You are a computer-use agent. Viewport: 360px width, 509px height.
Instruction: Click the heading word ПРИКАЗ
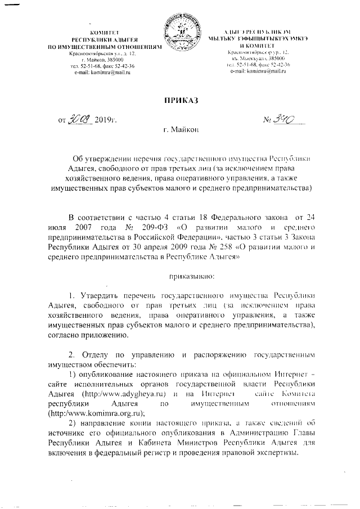pyautogui.click(x=180, y=101)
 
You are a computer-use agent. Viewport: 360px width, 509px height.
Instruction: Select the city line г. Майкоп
pyautogui.click(x=180, y=130)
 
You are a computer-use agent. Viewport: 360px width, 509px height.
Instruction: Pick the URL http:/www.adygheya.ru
pyautogui.click(x=133, y=394)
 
